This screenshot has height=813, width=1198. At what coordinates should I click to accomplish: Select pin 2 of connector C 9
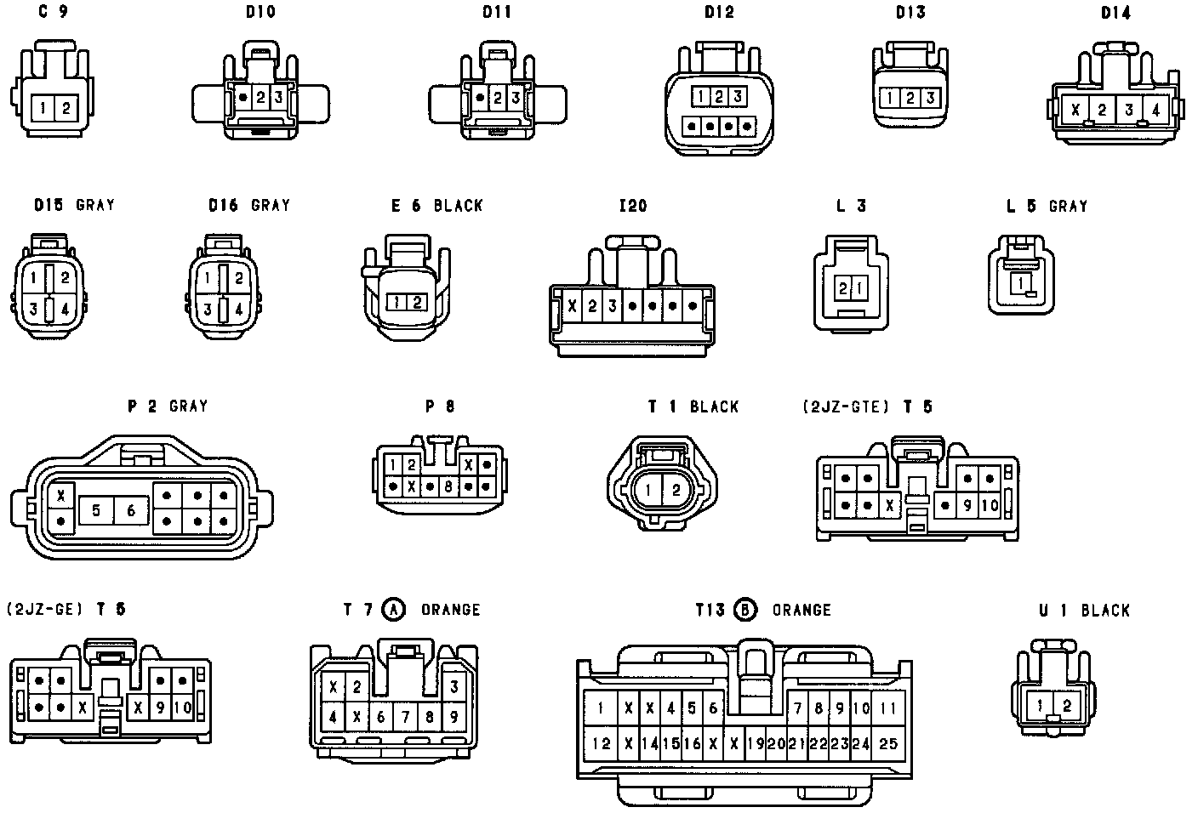(x=66, y=108)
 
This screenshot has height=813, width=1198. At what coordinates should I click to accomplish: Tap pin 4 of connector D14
(x=1155, y=110)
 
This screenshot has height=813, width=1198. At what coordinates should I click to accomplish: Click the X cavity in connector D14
(x=1075, y=110)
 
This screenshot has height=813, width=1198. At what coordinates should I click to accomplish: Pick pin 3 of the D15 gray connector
(x=33, y=310)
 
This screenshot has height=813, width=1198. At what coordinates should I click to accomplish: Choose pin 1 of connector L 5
(x=1018, y=282)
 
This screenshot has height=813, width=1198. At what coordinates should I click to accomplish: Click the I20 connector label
(x=633, y=206)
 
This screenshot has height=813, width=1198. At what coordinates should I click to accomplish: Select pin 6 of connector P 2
(x=131, y=510)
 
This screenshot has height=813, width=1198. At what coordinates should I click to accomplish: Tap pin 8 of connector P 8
(x=448, y=487)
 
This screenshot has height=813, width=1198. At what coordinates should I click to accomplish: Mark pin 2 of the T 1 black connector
(x=676, y=490)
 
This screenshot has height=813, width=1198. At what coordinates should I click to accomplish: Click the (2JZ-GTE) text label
(x=845, y=406)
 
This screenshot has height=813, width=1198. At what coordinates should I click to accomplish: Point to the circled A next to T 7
(x=393, y=609)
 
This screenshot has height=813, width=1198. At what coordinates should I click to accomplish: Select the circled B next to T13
(x=745, y=609)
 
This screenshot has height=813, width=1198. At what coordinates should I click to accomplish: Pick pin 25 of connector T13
(x=888, y=743)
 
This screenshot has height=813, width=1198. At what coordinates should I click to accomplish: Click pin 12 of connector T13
(x=602, y=743)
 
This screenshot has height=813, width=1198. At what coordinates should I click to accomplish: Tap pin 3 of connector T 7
(x=454, y=686)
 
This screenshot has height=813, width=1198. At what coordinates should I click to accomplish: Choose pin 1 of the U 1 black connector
(x=1041, y=705)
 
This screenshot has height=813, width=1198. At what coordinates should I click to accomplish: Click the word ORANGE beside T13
(x=802, y=610)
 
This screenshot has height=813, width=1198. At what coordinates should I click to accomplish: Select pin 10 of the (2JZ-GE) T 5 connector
(x=182, y=707)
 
